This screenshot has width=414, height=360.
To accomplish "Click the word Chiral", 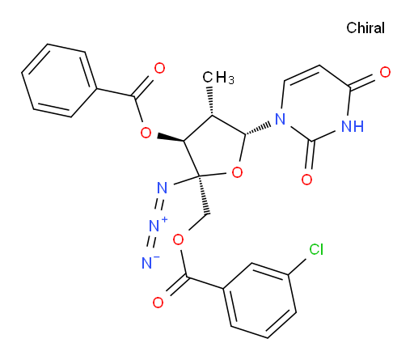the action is [365, 28].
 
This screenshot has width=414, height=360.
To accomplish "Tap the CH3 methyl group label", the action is [218, 78].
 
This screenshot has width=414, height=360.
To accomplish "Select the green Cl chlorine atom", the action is [316, 249].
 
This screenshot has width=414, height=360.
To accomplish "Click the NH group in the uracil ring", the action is [353, 126].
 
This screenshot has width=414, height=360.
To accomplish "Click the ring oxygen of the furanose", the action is [237, 172].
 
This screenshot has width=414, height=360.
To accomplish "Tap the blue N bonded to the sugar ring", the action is [281, 119].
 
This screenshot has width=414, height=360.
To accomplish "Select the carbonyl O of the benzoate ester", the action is [159, 68].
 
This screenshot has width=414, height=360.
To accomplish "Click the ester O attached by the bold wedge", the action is [146, 133].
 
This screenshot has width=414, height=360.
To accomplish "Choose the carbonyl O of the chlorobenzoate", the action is [158, 303].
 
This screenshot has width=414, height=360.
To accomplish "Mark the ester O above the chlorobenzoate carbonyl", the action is [178, 239].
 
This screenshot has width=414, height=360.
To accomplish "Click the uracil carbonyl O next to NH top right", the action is [385, 72].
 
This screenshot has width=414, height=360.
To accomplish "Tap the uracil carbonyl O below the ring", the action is [306, 180].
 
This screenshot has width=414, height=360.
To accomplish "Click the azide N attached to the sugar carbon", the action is [162, 188].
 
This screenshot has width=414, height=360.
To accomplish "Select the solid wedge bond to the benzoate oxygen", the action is [171, 138].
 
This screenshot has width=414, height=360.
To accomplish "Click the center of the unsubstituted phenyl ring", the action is [59, 81].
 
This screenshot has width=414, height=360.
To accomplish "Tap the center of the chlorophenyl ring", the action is [260, 300].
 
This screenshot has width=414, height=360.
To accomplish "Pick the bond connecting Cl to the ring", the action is [298, 267].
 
